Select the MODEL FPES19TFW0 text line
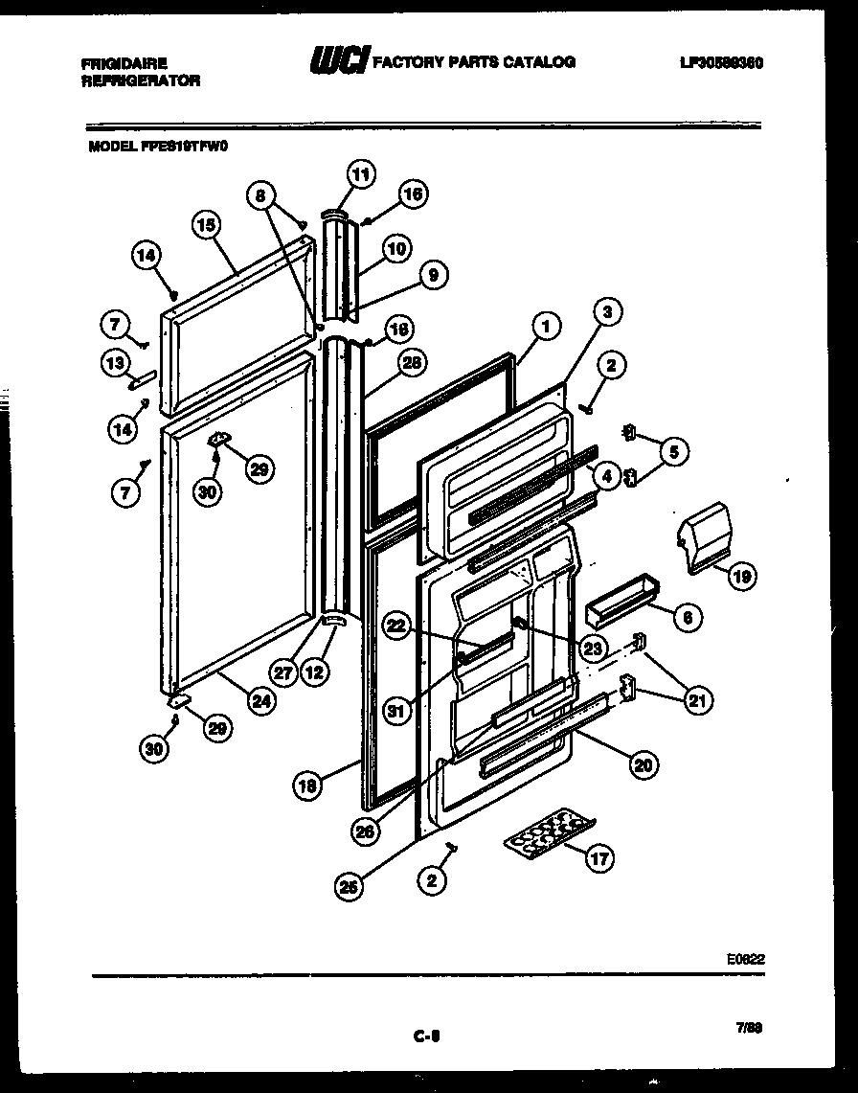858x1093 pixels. pos(159,147)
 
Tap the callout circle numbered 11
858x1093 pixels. pos(360,174)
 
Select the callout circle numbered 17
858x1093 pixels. pos(599,859)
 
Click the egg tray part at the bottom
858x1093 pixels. pos(550,831)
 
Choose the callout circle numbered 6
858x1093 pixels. pos(686,618)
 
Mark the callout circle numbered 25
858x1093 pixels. pos(350,888)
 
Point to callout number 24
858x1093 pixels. pos(260,700)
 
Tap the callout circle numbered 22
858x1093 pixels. pos(397,624)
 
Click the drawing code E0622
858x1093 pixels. pos(745,957)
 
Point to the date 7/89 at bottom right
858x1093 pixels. pos(748,1028)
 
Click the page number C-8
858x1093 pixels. pos(426,1035)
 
